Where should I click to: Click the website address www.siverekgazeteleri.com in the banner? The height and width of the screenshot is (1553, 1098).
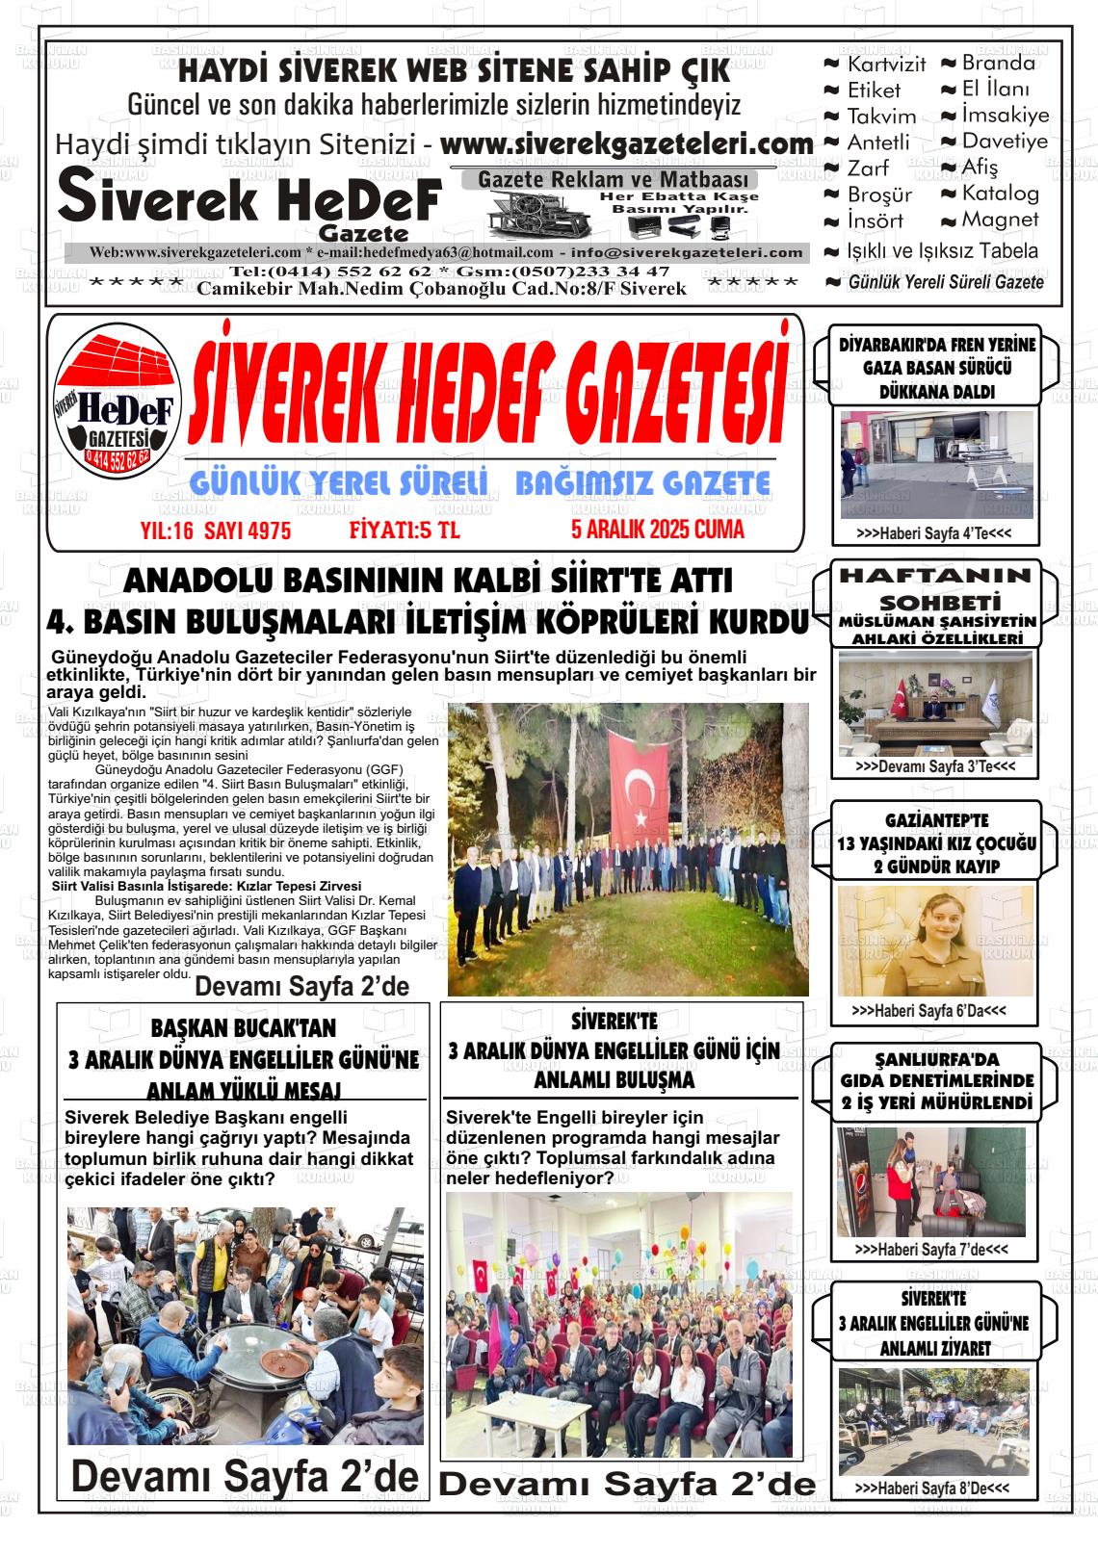pyautogui.click(x=626, y=143)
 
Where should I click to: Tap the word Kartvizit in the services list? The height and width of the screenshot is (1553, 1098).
pyautogui.click(x=886, y=65)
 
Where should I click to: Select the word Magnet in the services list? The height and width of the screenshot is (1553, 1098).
pyautogui.click(x=1001, y=220)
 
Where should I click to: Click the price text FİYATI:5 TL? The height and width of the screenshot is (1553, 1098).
pyautogui.click(x=405, y=531)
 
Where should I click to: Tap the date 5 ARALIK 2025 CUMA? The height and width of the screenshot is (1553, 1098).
pyautogui.click(x=657, y=530)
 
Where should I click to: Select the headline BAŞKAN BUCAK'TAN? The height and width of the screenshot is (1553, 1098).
pyautogui.click(x=244, y=1028)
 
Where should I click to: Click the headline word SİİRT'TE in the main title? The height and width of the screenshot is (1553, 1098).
pyautogui.click(x=630, y=582)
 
